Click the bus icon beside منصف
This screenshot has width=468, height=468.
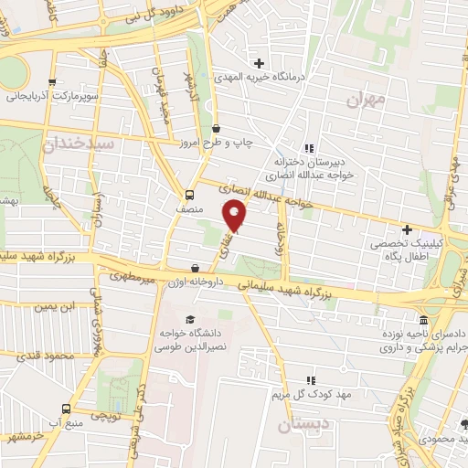point(189,195)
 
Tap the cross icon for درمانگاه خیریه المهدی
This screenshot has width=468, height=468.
point(260,64)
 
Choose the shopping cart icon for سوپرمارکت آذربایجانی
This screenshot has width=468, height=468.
point(52,81)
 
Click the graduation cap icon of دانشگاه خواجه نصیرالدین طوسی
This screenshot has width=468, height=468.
point(189,319)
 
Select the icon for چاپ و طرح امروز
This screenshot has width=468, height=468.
point(216,129)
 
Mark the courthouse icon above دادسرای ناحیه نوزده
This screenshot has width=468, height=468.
point(422,321)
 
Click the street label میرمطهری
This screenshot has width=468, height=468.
point(130,275)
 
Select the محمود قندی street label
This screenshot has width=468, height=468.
point(47,354)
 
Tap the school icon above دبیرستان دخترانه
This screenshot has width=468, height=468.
point(309,146)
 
